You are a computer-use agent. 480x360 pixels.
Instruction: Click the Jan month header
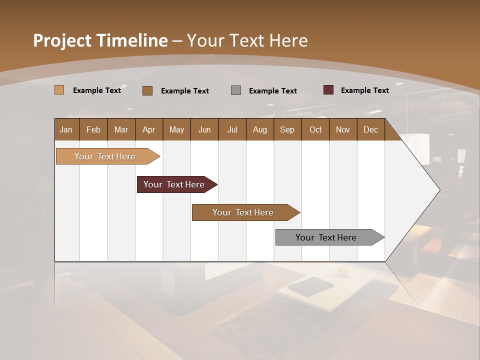(x=66, y=129)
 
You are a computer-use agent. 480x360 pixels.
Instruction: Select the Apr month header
(x=149, y=129)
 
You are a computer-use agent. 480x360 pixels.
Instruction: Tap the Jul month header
(x=232, y=129)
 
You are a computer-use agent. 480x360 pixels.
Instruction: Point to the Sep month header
(x=287, y=129)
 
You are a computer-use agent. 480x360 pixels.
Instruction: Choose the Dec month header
(x=370, y=129)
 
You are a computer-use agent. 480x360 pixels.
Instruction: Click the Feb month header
(x=93, y=129)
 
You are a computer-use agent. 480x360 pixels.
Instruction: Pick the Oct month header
(x=315, y=129)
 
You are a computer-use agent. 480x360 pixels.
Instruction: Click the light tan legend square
(x=59, y=90)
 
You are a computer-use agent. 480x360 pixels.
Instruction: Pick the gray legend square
(x=236, y=90)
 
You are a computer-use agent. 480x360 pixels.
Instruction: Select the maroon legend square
(x=328, y=90)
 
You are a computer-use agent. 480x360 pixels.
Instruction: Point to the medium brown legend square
(x=147, y=90)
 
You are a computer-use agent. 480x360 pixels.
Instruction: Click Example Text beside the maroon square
(x=364, y=90)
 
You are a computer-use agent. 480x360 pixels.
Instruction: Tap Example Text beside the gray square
(x=272, y=91)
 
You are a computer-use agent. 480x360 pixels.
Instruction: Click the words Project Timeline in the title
(x=100, y=40)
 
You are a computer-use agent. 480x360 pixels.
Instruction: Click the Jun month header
(x=204, y=129)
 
